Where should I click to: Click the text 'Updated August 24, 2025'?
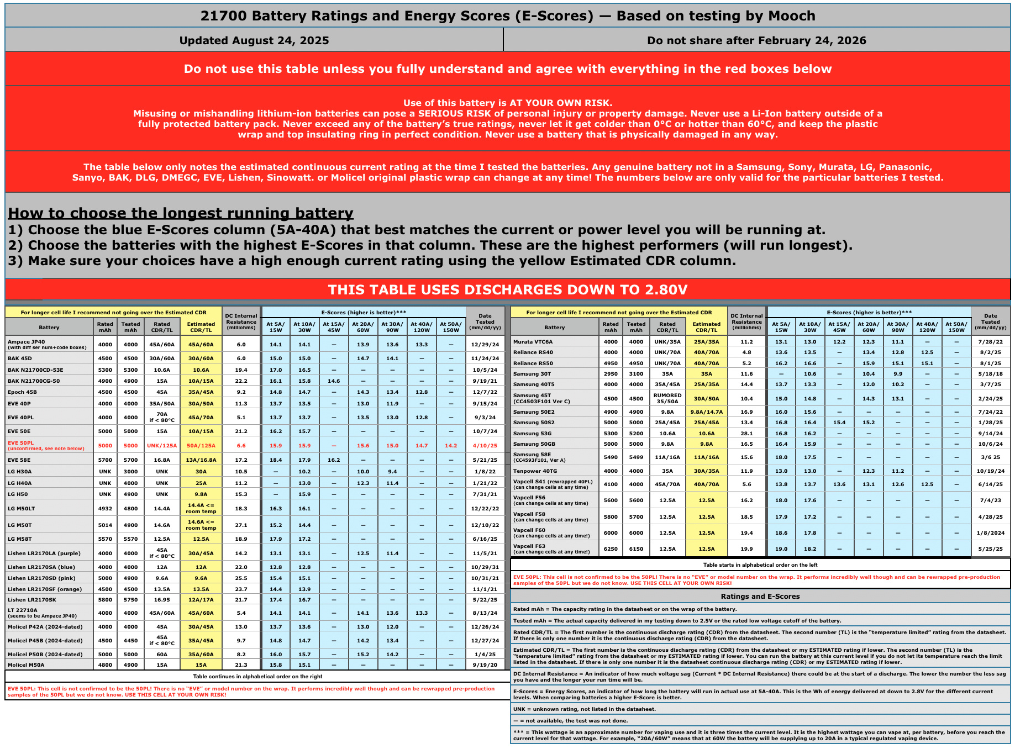click(254, 40)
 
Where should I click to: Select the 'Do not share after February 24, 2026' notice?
click(756, 40)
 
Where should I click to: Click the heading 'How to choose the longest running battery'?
click(181, 213)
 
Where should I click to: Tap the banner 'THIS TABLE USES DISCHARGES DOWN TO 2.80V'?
click(507, 289)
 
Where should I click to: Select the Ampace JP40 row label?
click(27, 342)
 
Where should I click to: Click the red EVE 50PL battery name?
click(21, 443)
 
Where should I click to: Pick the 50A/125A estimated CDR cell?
click(201, 446)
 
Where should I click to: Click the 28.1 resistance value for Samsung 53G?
click(746, 434)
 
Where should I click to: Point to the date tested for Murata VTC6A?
click(990, 342)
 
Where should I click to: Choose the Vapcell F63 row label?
click(529, 546)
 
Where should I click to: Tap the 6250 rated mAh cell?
click(611, 549)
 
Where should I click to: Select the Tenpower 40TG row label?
click(535, 471)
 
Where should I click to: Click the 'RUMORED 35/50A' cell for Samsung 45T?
click(667, 398)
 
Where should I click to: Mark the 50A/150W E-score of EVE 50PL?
click(451, 446)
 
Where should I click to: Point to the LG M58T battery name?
click(20, 539)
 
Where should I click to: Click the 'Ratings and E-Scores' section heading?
click(760, 597)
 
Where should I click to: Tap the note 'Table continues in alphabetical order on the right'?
click(257, 677)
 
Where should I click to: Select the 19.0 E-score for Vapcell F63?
click(781, 549)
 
